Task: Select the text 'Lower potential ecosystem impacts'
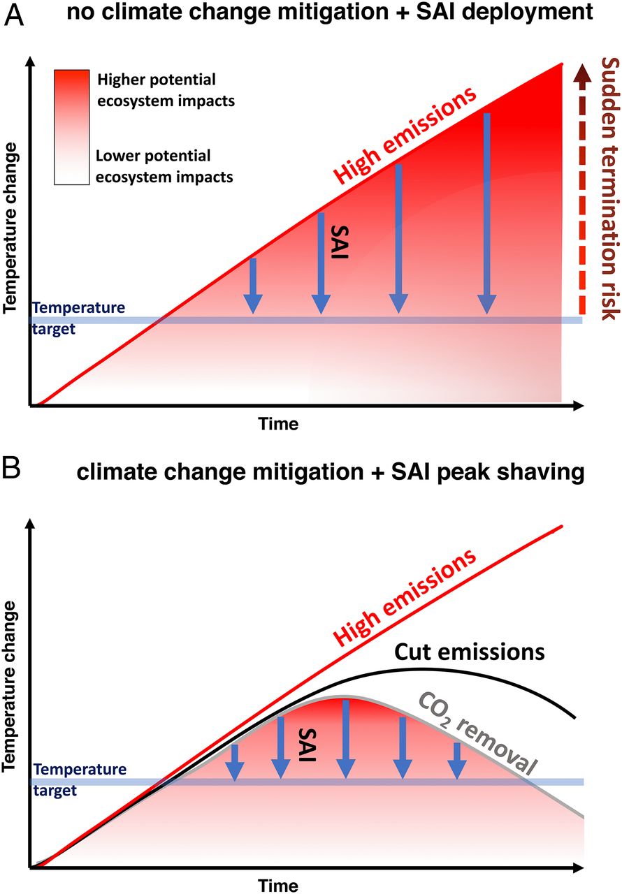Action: tap(164, 166)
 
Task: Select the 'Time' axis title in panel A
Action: tap(278, 424)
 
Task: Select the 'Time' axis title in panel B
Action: tap(278, 886)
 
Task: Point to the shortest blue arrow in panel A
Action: tap(253, 286)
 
